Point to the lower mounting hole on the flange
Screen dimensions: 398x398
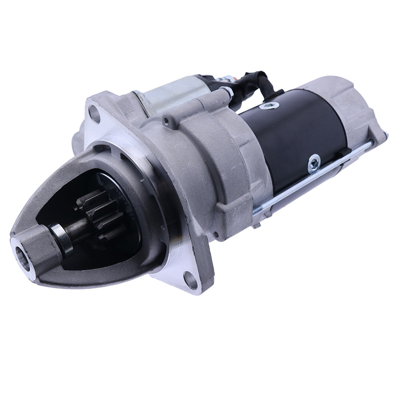pyautogui.click(x=190, y=278)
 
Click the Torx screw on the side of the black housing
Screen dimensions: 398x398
pyautogui.click(x=314, y=162)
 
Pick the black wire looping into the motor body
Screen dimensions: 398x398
pyautogui.click(x=259, y=82)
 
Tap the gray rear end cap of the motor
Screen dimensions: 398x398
pyautogui.click(x=348, y=109)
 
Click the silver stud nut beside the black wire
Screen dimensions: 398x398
pyautogui.click(x=227, y=92)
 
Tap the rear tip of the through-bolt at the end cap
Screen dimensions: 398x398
pyautogui.click(x=371, y=144)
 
